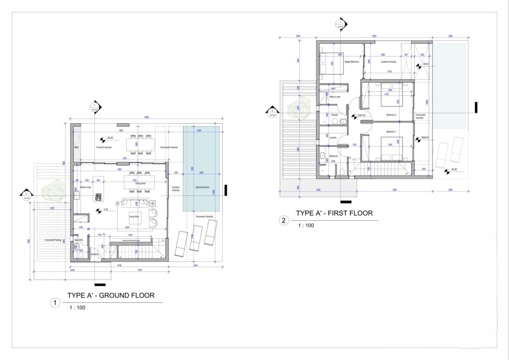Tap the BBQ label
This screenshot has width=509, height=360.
77,148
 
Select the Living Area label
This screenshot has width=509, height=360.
133,217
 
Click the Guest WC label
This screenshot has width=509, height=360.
78,240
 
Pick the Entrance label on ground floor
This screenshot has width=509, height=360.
94,255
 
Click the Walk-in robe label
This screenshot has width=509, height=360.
335,97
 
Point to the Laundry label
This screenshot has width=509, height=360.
334,138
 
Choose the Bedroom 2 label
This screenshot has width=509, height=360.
391,115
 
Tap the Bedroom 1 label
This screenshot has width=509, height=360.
391,132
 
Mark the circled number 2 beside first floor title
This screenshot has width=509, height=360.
284,221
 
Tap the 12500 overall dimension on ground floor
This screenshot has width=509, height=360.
146,117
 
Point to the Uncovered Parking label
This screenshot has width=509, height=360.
52,240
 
